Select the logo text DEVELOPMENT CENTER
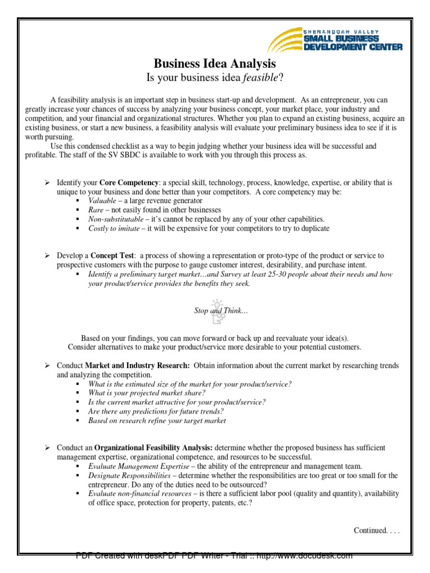click(353, 48)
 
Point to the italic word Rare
click(96, 210)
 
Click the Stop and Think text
click(220, 311)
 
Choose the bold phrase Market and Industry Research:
click(137, 365)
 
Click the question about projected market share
click(147, 393)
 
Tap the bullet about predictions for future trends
click(156, 411)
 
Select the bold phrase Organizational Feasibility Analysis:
click(153, 448)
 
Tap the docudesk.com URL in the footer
click(313, 556)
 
